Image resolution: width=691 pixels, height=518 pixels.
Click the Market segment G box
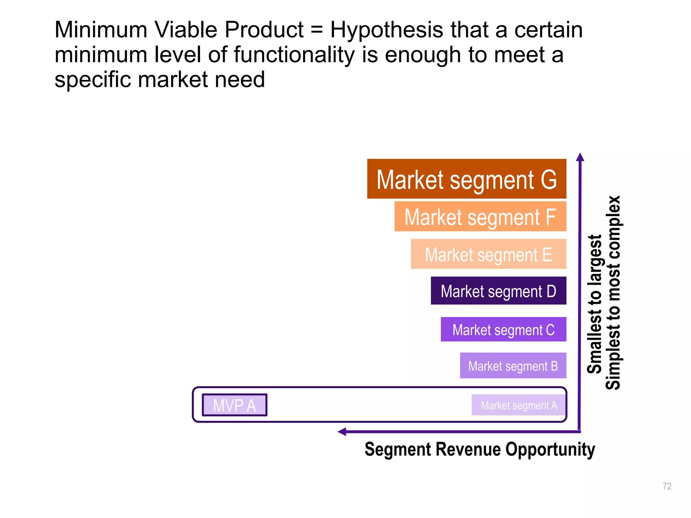click(x=466, y=179)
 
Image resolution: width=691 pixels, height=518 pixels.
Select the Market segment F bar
click(x=480, y=217)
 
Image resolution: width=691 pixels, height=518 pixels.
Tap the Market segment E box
click(x=488, y=254)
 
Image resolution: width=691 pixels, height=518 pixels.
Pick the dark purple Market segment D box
click(x=498, y=291)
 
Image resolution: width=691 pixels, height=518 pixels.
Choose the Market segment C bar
click(x=503, y=329)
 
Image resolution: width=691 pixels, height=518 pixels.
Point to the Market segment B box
click(x=513, y=366)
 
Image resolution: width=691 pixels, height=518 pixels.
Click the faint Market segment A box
click(x=519, y=405)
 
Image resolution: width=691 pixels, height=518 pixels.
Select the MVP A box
click(x=234, y=405)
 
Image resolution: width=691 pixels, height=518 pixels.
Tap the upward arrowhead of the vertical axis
click(x=580, y=157)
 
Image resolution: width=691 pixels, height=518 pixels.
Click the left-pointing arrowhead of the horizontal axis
click(x=342, y=432)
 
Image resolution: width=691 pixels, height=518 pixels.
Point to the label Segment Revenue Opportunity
click(x=480, y=450)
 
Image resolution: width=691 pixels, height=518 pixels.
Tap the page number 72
click(x=667, y=486)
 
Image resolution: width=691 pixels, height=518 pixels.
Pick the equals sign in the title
click(x=316, y=30)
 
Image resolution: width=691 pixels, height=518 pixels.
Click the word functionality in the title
click(x=294, y=55)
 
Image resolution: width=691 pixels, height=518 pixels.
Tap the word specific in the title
click(x=93, y=80)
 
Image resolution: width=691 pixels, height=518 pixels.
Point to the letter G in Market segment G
click(x=549, y=179)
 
